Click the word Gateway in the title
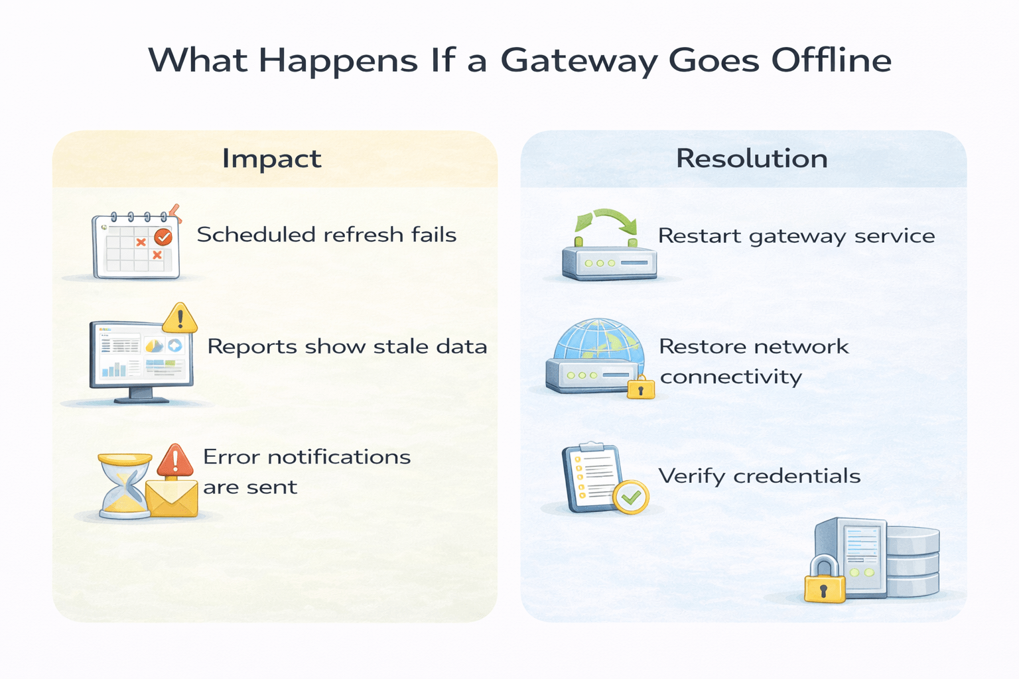point(578,61)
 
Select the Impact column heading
point(271,159)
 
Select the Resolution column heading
point(752,159)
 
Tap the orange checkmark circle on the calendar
point(163,237)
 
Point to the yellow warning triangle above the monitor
point(179,318)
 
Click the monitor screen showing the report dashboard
point(141,357)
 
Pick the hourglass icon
point(124,485)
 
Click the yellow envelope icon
point(172,497)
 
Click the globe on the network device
point(598,341)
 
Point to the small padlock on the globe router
point(641,387)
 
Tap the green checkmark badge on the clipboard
point(631,497)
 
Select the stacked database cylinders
point(912,560)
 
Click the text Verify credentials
point(759,476)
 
